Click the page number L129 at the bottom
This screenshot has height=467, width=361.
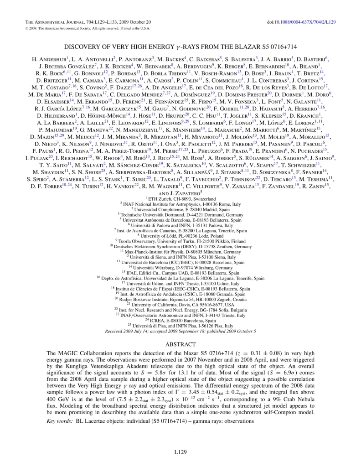180,452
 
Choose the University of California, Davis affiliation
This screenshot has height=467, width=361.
180,304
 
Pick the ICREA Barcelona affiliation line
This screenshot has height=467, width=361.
180,320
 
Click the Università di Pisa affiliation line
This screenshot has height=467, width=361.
180,325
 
